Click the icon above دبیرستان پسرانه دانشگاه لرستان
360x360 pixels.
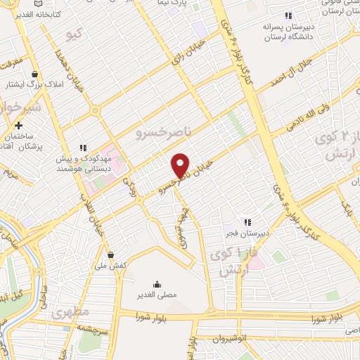point(288,16)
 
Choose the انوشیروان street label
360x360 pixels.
point(247,337)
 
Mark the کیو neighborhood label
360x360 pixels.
point(72,33)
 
